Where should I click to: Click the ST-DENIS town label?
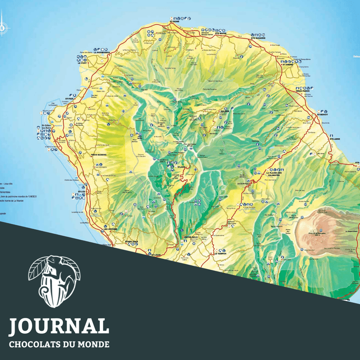tap(174, 22)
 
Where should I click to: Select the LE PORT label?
tap(83, 63)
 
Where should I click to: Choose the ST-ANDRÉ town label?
tap(288, 65)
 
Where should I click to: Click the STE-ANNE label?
tap(335, 138)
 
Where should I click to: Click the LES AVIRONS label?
tap(111, 229)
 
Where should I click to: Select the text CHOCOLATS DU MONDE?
tap(59, 344)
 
